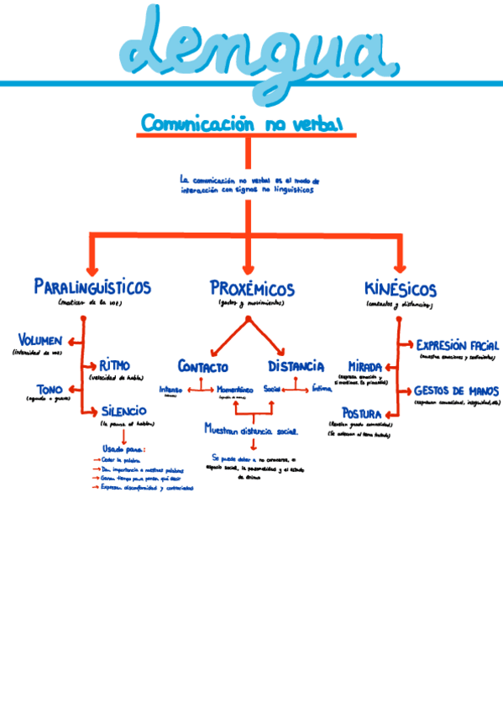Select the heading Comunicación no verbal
(x=242, y=124)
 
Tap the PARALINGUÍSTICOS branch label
(x=92, y=287)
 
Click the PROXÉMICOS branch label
(x=252, y=289)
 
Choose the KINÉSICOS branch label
(x=401, y=289)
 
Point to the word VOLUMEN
(x=39, y=340)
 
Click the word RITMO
(x=115, y=365)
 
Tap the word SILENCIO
(x=123, y=411)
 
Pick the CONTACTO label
(x=202, y=367)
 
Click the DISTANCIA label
(x=296, y=366)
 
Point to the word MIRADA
(x=364, y=367)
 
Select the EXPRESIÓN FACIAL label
(x=458, y=345)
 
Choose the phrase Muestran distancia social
(x=251, y=429)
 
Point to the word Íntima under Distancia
(x=322, y=389)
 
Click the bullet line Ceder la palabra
(x=118, y=460)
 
